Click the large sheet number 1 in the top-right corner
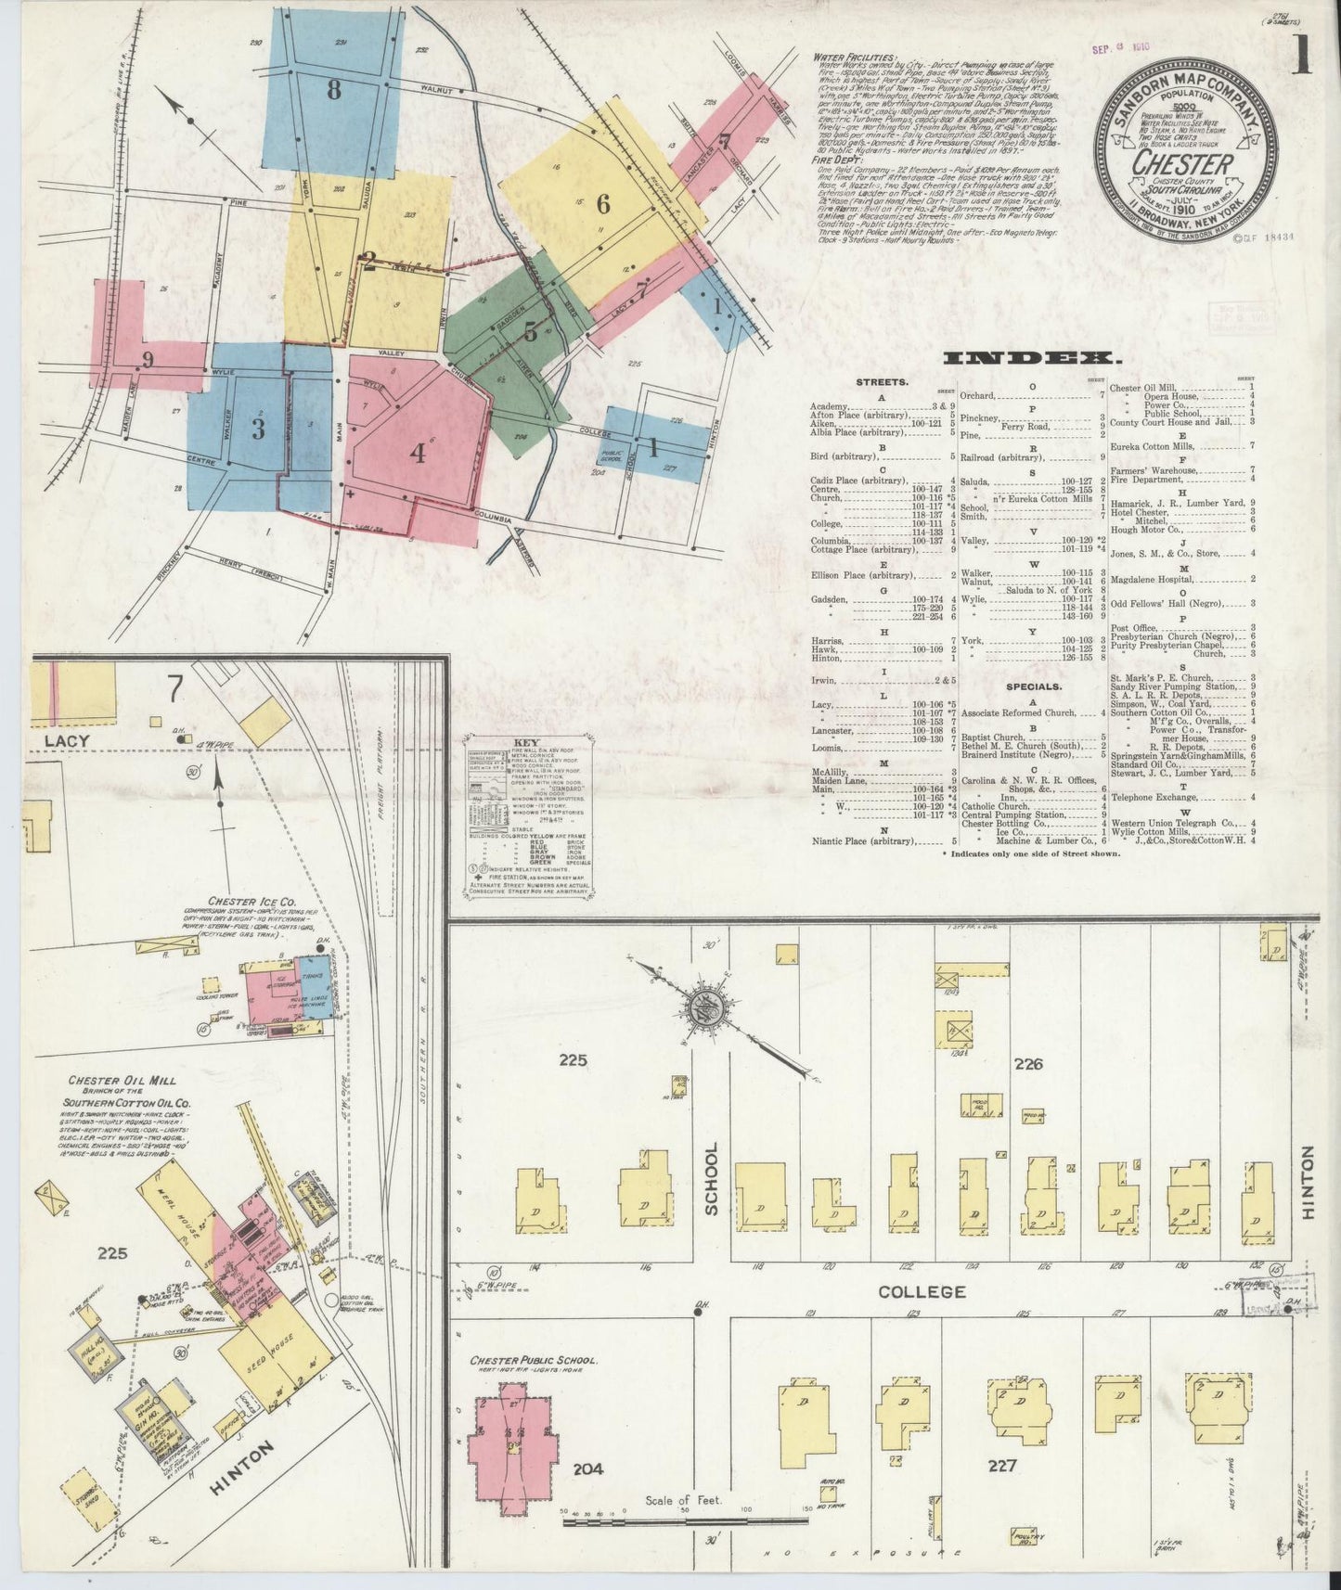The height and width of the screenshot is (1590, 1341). coord(1301,58)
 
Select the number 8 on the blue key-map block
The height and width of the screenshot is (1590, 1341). coord(333,90)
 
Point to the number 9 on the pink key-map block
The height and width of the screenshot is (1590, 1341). coord(147,358)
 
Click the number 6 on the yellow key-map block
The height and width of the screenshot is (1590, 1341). coord(603,203)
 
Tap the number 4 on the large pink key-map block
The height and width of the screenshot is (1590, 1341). coord(419,454)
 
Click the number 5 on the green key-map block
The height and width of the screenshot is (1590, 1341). coord(530,330)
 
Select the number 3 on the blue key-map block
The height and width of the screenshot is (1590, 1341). coord(259,429)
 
